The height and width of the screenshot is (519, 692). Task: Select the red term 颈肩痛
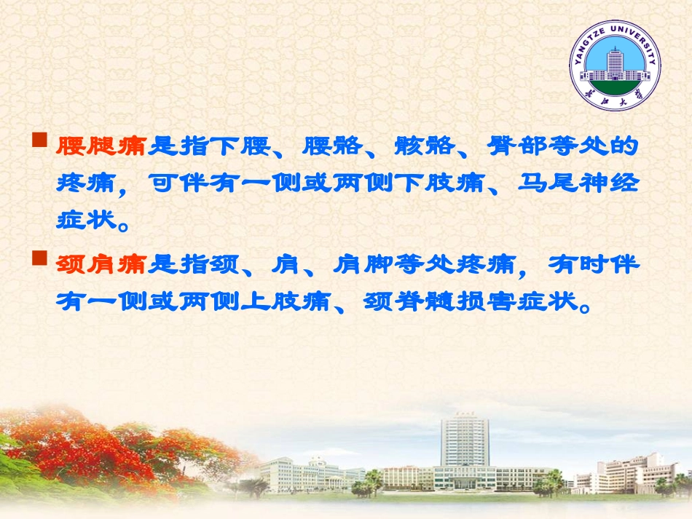101,266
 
